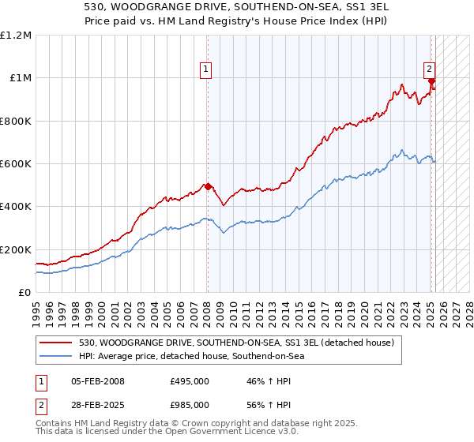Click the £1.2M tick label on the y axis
point(16,36)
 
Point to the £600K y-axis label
point(16,164)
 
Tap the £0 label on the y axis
point(24,293)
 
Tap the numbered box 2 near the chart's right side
point(430,69)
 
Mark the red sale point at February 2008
point(208,186)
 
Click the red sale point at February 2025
point(432,81)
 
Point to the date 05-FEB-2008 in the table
point(98,381)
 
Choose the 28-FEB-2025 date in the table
point(98,405)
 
